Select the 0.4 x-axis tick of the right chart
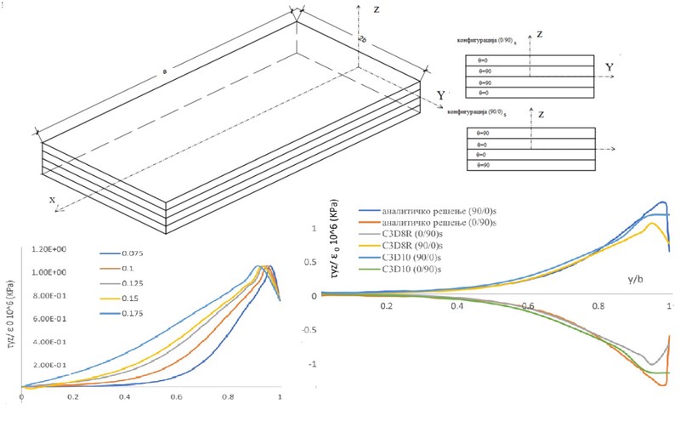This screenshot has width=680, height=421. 458,305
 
